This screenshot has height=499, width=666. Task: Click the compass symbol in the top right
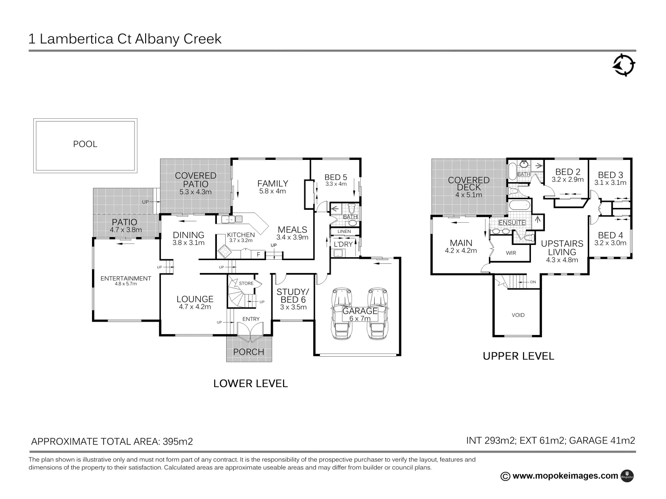pos(624,65)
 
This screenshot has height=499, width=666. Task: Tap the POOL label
pos(85,144)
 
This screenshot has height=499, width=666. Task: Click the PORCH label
pos(249,352)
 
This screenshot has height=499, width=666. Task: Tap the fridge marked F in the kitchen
pos(258,254)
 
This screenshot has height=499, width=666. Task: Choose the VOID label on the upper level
pos(518,315)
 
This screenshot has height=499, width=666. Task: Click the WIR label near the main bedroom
pos(511,253)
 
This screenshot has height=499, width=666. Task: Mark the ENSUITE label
pos(512,222)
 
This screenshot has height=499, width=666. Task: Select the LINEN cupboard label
pos(344,231)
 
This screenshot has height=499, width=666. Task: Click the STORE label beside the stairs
pos(246,283)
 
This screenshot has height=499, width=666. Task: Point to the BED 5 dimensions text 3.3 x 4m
pos(336,184)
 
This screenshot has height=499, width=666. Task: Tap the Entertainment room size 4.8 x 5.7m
pos(126,284)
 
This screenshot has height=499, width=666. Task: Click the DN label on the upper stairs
pos(533,282)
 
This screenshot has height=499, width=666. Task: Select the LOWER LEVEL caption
pos(250,383)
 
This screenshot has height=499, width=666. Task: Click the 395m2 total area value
pos(177,441)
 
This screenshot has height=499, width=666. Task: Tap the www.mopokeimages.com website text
pos(565,476)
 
